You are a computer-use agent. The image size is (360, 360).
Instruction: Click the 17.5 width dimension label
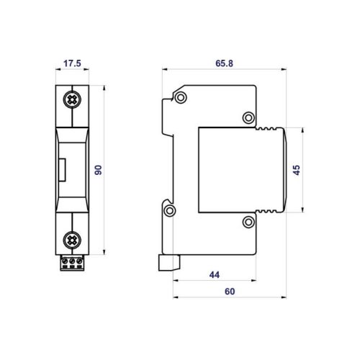point(72,63)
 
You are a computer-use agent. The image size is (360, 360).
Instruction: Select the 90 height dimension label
point(98,170)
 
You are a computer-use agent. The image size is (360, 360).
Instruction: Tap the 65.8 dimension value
point(224,63)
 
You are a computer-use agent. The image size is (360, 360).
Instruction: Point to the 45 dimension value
point(297,170)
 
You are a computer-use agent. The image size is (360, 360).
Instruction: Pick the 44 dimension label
point(215,275)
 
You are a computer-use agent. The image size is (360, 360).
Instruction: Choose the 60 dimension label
point(230,292)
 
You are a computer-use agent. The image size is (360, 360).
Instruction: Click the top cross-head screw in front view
point(72,99)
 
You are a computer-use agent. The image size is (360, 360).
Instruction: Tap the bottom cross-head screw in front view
point(72,240)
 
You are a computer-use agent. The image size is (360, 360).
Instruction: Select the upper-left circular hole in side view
point(181,97)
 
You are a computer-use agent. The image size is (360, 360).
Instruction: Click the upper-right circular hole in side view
point(248,117)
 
